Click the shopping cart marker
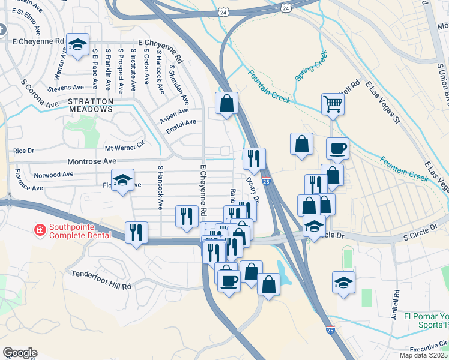click(332, 104)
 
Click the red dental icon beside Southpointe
click(40, 229)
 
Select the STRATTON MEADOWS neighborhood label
click(91, 105)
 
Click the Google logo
click(20, 353)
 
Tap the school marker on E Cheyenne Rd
click(77, 44)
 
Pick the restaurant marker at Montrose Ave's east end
click(254, 158)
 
